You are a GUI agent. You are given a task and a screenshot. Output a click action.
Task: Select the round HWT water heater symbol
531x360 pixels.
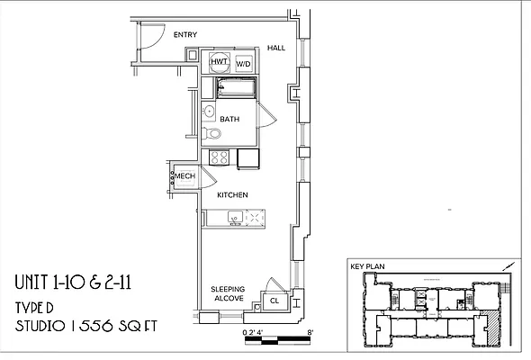pos(219,62)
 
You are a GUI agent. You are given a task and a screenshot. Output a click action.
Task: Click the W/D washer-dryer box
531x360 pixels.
pos(243,65)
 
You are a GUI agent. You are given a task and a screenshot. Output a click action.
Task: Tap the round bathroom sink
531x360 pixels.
pos(208,112)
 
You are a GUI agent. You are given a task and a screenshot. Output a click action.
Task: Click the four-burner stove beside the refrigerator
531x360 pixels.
pos(218,157)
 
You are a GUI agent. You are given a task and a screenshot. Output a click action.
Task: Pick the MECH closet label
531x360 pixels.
pos(184,176)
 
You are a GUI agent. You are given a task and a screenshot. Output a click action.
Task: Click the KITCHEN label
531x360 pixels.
pos(232,194)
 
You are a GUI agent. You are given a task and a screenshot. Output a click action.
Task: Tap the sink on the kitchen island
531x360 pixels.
pos(233,217)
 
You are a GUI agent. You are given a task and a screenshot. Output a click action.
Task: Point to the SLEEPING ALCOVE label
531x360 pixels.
pos(228,294)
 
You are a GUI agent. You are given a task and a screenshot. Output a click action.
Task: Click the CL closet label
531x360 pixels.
pos(274,301)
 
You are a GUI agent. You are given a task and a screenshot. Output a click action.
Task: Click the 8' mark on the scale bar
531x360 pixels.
pos(310,332)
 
